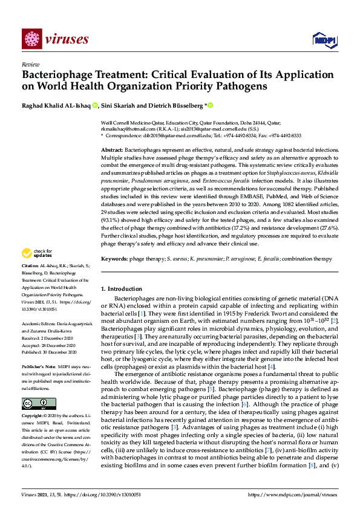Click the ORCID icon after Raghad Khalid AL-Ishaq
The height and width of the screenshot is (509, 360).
click(x=95, y=105)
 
